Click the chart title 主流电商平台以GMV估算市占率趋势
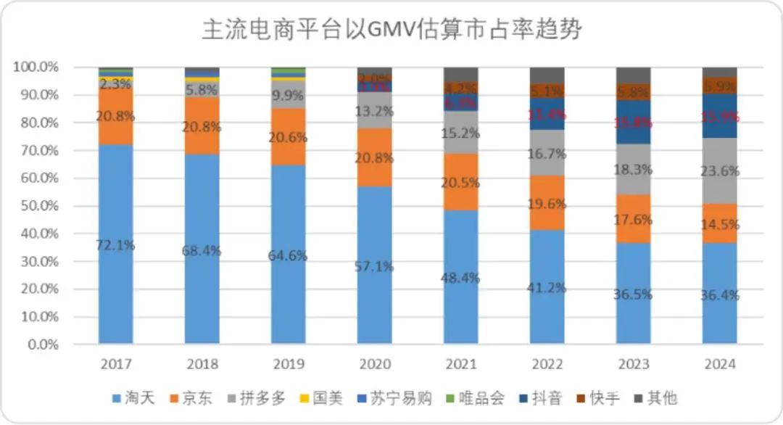(391, 31)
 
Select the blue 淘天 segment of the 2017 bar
(116, 290)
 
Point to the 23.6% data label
(720, 172)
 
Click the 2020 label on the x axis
(375, 363)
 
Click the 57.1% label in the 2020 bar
(375, 266)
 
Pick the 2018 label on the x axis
(202, 363)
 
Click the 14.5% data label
(720, 225)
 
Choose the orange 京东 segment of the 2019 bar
(289, 136)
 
